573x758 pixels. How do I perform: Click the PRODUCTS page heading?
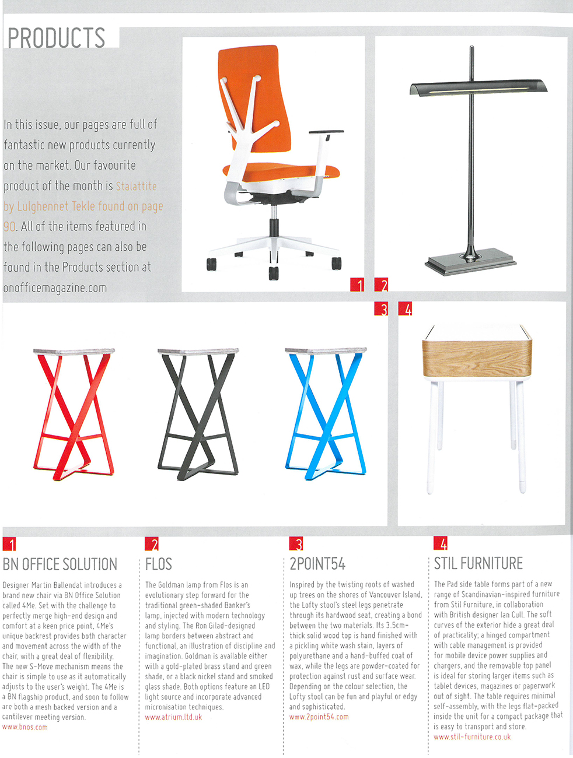coord(57,38)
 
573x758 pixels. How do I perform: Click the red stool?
coord(72,414)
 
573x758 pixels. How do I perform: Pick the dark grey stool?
coord(198,414)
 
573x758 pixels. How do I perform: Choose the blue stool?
coord(326,414)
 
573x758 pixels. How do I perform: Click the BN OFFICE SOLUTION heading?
coord(60,564)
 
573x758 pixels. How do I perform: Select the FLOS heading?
coord(159,564)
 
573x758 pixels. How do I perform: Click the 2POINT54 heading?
coord(317,564)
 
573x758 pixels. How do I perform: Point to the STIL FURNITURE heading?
coord(478,563)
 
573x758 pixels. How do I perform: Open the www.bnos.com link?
coord(25,727)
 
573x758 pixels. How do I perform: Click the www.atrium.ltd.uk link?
coord(173,717)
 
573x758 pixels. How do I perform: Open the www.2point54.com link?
coord(319,717)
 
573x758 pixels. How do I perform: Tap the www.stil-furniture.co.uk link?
coord(472,737)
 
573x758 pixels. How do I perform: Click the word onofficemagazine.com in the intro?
coord(55,288)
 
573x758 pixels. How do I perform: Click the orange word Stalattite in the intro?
coord(137,186)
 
